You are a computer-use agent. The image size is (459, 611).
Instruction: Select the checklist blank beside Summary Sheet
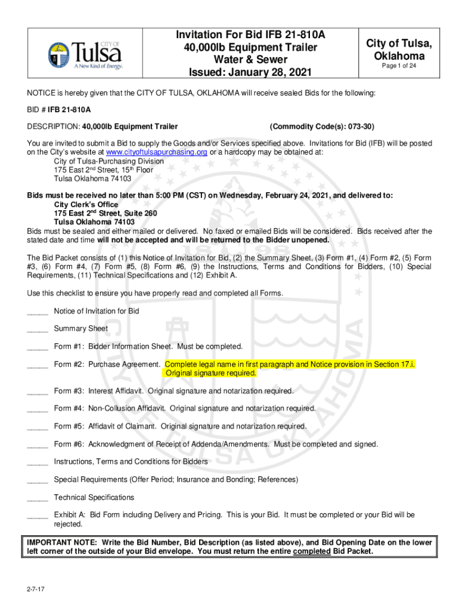click(x=38, y=329)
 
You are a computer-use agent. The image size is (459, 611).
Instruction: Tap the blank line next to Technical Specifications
click(x=38, y=498)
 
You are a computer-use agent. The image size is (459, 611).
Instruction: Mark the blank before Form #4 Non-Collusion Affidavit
click(x=38, y=409)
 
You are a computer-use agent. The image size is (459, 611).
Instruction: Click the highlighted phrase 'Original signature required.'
click(x=210, y=373)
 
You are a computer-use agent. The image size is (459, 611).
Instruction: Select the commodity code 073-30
click(x=357, y=126)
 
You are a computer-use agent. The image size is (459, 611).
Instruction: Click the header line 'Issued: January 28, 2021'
click(x=242, y=73)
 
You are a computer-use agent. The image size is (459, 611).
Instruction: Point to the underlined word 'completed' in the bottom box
click(x=312, y=551)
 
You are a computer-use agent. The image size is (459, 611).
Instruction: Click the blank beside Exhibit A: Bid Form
click(x=38, y=515)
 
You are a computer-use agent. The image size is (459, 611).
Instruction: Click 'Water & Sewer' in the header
click(x=242, y=60)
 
